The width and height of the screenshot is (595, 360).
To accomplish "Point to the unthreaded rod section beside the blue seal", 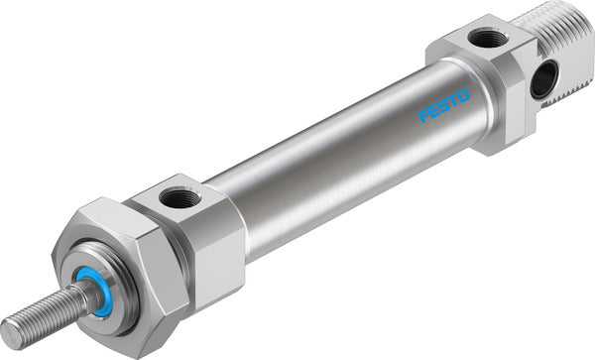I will click(x=84, y=298).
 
